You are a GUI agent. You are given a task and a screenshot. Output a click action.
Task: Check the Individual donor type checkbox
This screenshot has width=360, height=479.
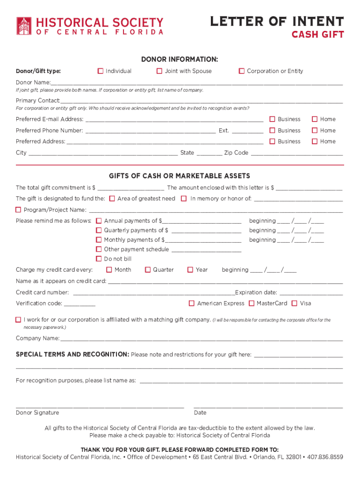[x=101, y=71]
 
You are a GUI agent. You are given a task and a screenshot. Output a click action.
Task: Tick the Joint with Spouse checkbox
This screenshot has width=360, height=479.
[x=159, y=71]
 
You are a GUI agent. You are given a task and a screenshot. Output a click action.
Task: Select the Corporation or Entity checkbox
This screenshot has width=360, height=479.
[x=242, y=71]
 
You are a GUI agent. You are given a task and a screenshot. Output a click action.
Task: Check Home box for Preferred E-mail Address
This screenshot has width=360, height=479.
[x=315, y=119]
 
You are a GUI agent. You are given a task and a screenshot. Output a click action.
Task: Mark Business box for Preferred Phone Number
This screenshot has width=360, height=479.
[x=273, y=131]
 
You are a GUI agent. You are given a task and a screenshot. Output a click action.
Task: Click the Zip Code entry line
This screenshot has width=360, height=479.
[x=297, y=153]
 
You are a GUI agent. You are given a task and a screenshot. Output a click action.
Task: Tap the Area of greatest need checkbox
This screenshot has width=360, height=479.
[x=112, y=198]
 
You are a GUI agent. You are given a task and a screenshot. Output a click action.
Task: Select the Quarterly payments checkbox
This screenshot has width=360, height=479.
[x=99, y=230]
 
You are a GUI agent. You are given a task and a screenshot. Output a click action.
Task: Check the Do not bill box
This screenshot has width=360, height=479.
[x=99, y=259]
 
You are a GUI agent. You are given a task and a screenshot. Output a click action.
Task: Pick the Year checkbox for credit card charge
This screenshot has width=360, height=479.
[x=190, y=269]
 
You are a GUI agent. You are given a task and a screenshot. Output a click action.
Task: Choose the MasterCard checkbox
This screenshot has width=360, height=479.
[x=252, y=303]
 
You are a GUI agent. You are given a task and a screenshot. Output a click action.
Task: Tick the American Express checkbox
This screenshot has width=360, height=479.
[x=192, y=303]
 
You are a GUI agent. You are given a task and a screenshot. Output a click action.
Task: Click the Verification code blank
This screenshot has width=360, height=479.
[x=79, y=304]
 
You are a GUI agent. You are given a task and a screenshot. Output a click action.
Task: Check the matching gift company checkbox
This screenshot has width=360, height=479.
[x=18, y=320]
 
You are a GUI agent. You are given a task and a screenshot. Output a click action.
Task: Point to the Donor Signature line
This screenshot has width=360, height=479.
[x=100, y=406]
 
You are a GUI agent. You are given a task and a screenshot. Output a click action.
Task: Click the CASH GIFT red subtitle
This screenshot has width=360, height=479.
[x=317, y=35]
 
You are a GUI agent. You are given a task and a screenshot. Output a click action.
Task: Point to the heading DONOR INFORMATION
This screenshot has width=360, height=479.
[x=180, y=59]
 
